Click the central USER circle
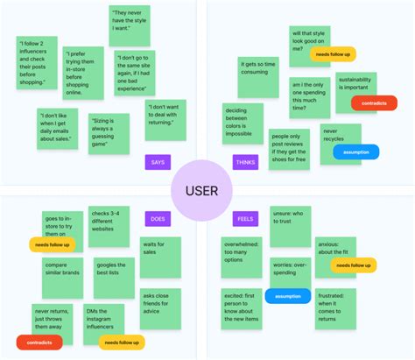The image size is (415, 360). (x=207, y=190)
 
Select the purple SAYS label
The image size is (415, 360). (x=158, y=161)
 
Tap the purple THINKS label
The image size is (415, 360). (x=246, y=161)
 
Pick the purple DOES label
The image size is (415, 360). (x=158, y=218)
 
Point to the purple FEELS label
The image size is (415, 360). (x=245, y=218)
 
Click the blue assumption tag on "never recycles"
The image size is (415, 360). (x=356, y=152)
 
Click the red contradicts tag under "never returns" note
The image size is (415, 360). (x=39, y=342)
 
